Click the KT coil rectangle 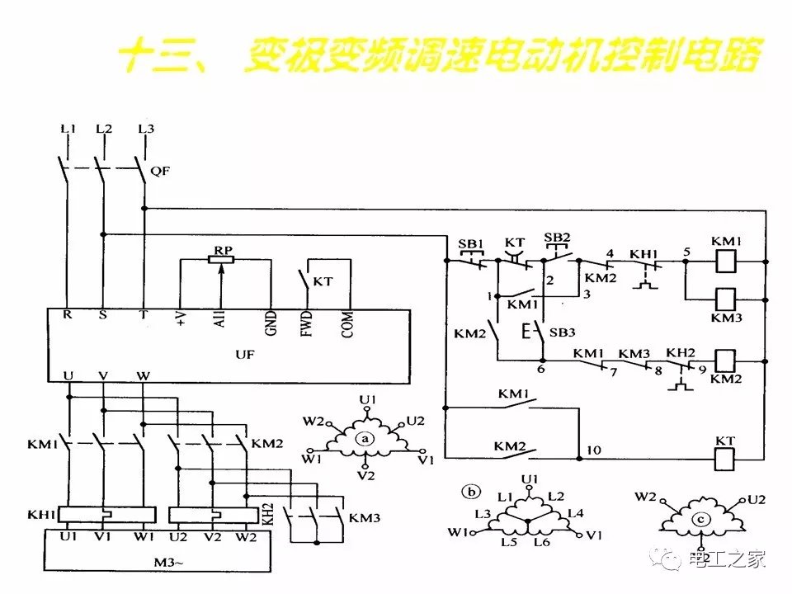click(x=724, y=459)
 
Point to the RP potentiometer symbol click(x=221, y=260)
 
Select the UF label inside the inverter click(x=245, y=354)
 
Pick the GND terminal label click(x=271, y=324)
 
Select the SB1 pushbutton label click(x=470, y=244)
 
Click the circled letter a click(x=365, y=440)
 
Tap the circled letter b click(x=472, y=493)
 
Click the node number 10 click(x=593, y=450)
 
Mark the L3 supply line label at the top click(x=146, y=129)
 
